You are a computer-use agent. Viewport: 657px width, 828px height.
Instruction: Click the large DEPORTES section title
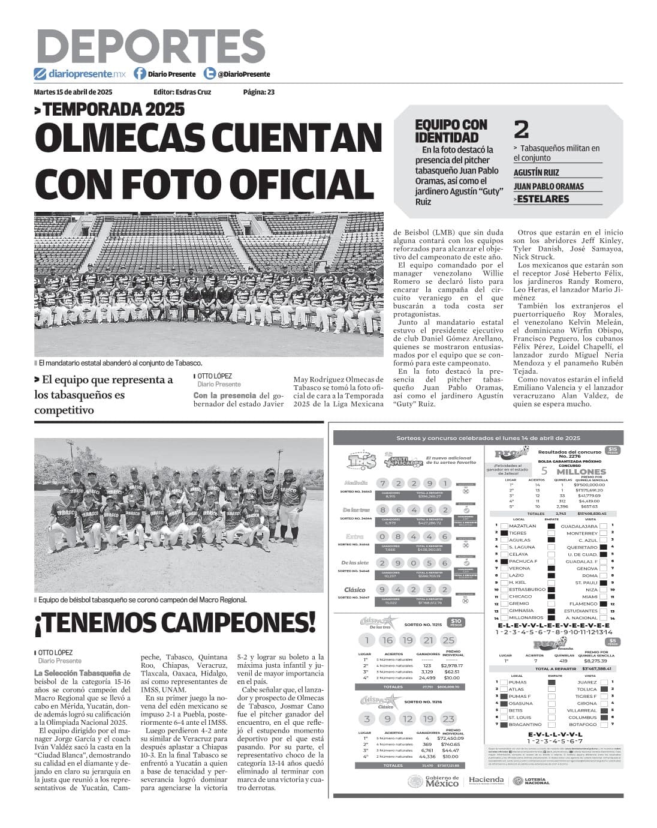pos(150,46)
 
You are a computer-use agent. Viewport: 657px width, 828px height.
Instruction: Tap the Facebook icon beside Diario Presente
pos(140,74)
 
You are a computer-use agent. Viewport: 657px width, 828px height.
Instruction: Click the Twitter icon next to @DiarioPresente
pos(209,74)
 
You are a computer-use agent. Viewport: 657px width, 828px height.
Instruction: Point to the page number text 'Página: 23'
pos(258,92)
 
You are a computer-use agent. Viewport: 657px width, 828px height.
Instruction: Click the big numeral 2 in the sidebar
pos(521,130)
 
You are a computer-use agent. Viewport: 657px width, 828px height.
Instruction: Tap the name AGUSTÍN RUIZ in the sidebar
pos(536,172)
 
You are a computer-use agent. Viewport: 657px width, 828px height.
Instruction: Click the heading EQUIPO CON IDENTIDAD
pos(451,131)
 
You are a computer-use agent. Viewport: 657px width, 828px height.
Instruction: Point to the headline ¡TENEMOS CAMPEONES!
pos(175,622)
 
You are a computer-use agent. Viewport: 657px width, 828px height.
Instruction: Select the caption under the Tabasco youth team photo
pos(142,599)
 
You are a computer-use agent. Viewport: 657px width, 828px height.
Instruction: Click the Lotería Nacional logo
pos(530,781)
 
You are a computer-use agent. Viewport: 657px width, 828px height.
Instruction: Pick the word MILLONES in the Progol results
pos(581,472)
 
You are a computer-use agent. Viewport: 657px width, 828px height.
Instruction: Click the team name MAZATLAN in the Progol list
pos(522,526)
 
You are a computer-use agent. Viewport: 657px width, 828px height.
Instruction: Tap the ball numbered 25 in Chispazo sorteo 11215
pos(448,640)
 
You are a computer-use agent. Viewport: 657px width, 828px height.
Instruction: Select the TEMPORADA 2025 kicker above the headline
pos(109,109)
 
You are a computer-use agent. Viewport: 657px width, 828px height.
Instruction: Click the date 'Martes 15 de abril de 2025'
pos(73,92)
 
